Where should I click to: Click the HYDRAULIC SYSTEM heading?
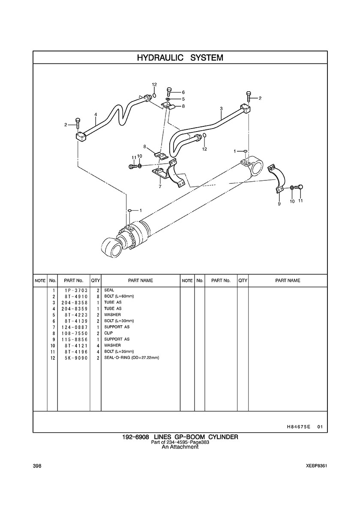[180, 58]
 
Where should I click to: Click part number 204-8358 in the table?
[74, 302]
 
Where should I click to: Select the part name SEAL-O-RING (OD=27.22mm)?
[132, 358]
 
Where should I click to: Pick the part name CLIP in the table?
[108, 333]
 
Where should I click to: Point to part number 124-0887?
[74, 327]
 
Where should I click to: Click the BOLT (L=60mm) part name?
[119, 296]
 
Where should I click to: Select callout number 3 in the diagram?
[221, 108]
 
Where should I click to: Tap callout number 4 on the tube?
[96, 114]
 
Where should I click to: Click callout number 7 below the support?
[160, 187]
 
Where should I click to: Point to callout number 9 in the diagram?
[279, 204]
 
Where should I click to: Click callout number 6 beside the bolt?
[183, 92]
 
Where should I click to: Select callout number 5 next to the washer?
[183, 99]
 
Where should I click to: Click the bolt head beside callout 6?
[169, 89]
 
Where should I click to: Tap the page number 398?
[37, 466]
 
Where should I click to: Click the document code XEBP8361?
[316, 466]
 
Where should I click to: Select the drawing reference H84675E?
[294, 427]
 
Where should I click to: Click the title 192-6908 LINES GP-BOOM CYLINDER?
[180, 437]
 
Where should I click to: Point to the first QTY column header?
[96, 281]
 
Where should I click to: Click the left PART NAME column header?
[140, 281]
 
